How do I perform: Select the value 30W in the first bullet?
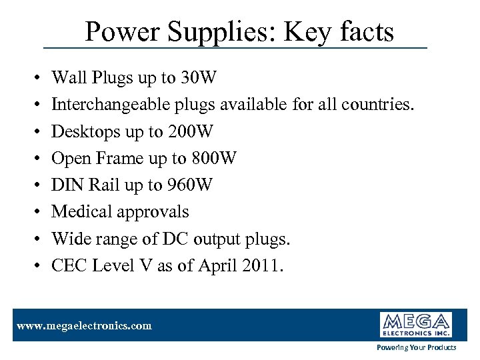[198, 78]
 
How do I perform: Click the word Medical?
[81, 212]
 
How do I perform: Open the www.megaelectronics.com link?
[84, 326]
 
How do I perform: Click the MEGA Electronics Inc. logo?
[416, 325]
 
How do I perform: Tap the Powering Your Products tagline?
[417, 347]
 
